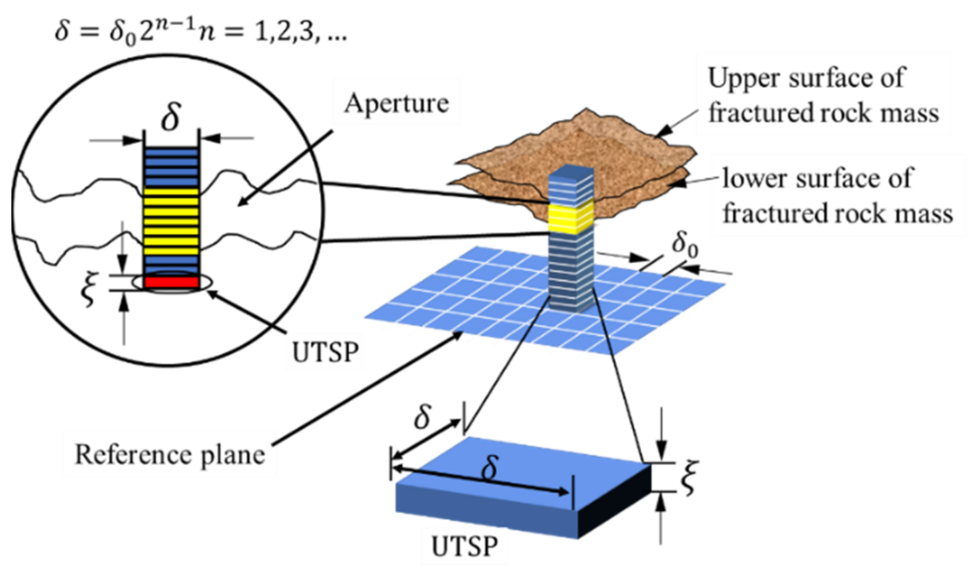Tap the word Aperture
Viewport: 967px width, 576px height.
pyautogui.click(x=396, y=104)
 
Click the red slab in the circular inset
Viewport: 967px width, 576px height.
pyautogui.click(x=171, y=282)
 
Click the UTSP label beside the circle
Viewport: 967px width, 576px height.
pyautogui.click(x=325, y=352)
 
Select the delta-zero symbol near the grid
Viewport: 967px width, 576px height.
pyautogui.click(x=685, y=245)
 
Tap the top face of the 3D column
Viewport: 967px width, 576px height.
pyautogui.click(x=571, y=172)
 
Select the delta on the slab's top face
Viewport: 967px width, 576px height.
pyautogui.click(x=490, y=468)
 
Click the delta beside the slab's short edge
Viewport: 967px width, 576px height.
pyautogui.click(x=423, y=417)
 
